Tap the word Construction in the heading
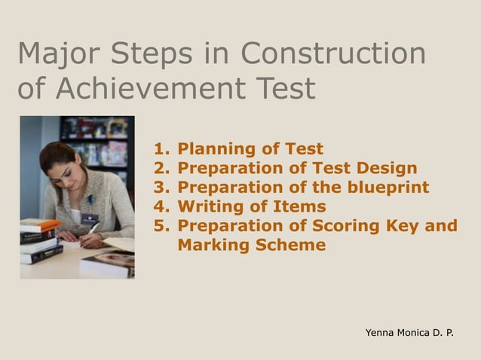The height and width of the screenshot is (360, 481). point(333,54)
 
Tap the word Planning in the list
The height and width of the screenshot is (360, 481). point(213,149)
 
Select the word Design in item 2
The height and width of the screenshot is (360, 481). point(388,168)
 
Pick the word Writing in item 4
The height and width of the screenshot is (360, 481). point(209,206)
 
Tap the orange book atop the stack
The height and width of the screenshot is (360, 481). point(39,224)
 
